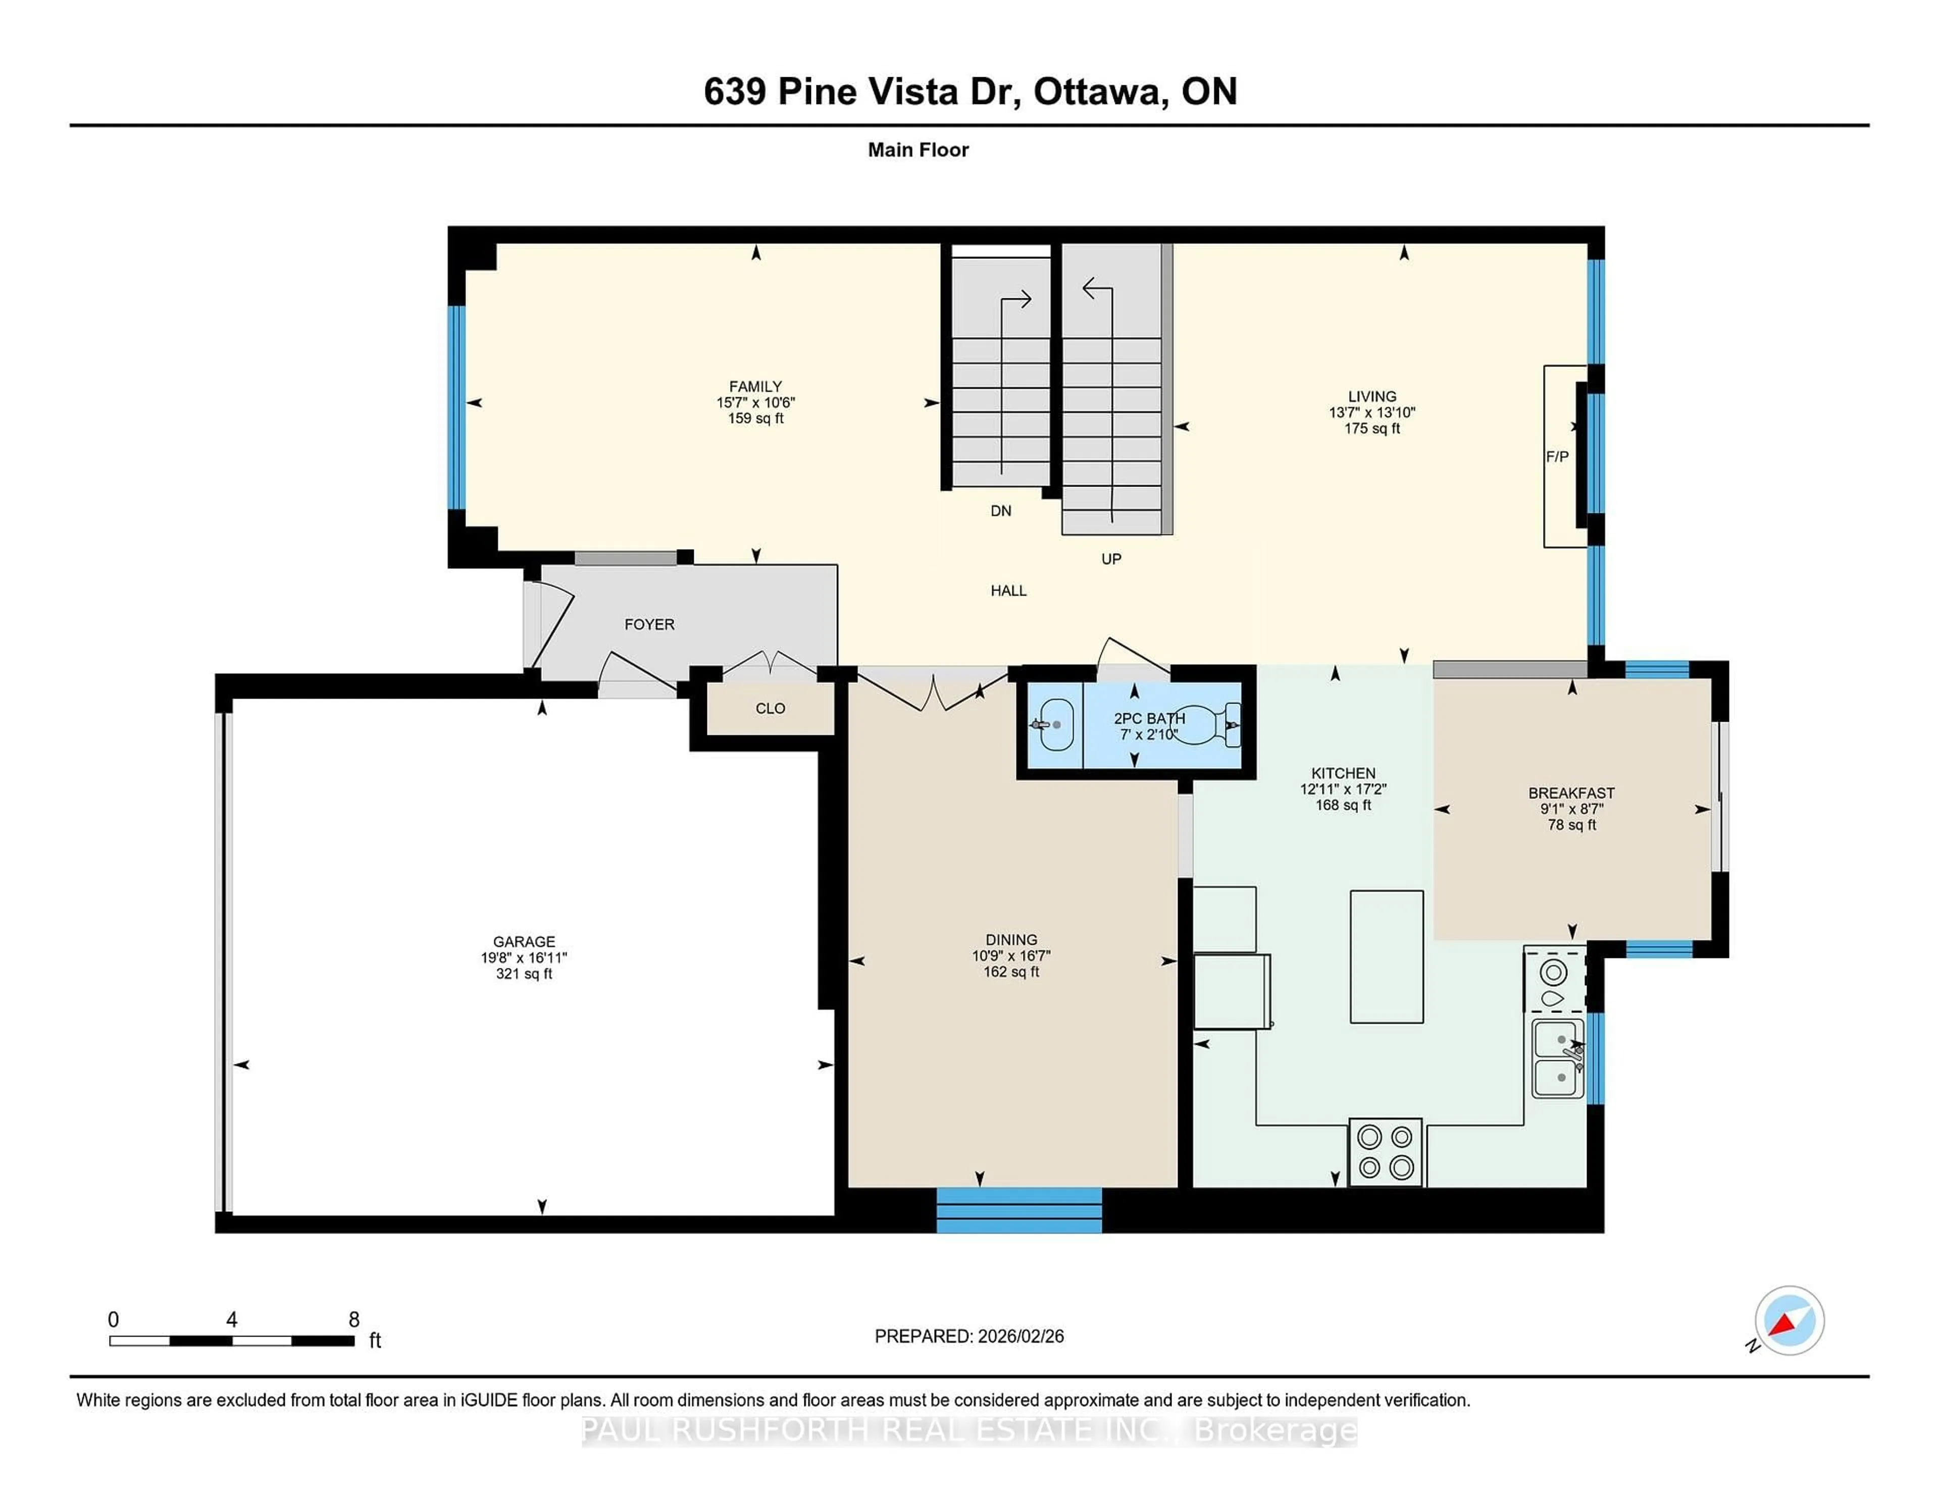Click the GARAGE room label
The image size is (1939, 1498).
tap(524, 942)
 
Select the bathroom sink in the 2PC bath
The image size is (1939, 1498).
tap(1056, 725)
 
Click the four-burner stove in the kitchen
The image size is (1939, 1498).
tap(1385, 1152)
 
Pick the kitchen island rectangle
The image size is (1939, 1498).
tap(1386, 956)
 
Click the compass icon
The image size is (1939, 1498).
tap(1789, 1320)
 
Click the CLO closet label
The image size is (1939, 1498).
tap(770, 708)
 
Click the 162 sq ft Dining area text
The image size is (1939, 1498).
tap(1010, 972)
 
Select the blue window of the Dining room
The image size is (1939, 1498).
tap(1018, 1210)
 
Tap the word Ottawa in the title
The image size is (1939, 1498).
tap(1097, 91)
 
